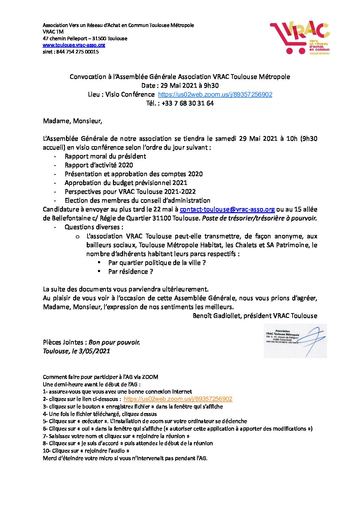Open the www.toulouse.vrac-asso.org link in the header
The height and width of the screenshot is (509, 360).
click(x=74, y=45)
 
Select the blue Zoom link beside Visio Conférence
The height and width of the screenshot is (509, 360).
click(x=215, y=95)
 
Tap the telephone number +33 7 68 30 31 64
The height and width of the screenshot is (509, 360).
click(x=187, y=103)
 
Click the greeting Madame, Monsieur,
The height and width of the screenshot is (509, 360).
click(x=72, y=121)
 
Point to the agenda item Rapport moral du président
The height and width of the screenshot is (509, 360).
click(x=105, y=156)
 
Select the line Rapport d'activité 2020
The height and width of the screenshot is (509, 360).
click(x=99, y=165)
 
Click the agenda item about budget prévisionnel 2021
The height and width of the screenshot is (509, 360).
click(x=126, y=183)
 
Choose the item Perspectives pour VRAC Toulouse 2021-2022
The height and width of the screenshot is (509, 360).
click(x=130, y=192)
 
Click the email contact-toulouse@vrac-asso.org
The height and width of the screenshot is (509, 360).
click(x=227, y=209)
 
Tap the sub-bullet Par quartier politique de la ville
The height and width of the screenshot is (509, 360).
click(x=157, y=263)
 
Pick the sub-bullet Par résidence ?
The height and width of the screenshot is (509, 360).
click(x=130, y=272)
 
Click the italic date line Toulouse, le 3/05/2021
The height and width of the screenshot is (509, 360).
click(x=76, y=351)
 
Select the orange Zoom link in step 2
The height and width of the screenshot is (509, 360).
click(x=178, y=399)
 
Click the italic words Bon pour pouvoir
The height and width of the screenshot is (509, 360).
click(x=114, y=342)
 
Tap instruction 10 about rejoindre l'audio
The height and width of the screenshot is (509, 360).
click(x=86, y=451)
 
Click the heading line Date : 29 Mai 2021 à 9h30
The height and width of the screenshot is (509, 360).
click(x=180, y=86)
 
